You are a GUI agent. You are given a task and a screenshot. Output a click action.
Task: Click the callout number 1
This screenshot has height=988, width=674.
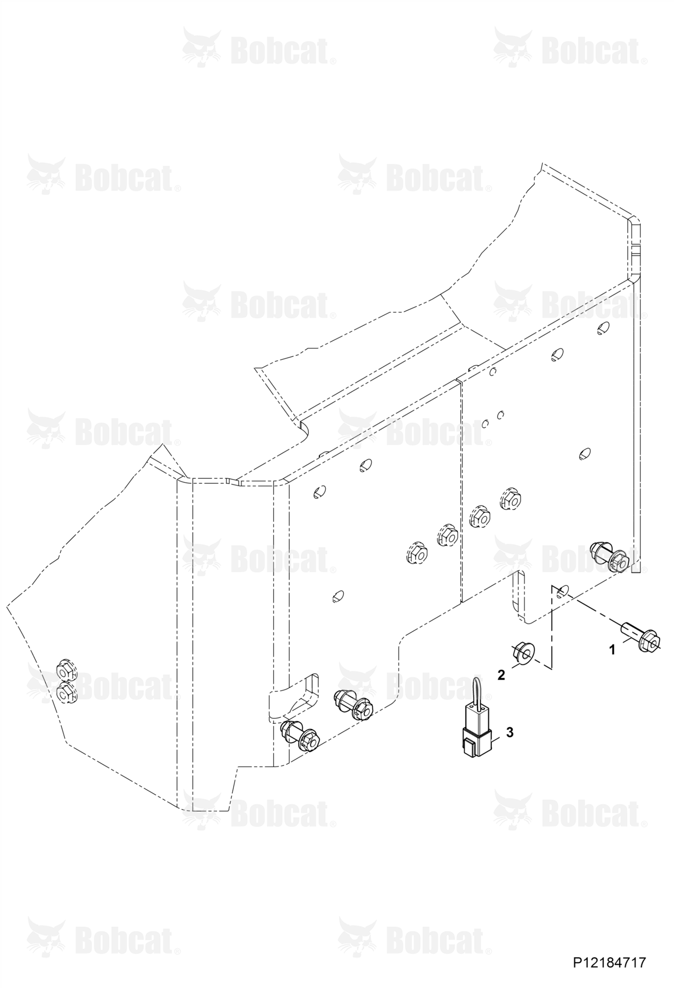612,650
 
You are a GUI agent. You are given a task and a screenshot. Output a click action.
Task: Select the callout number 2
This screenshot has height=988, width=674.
502,675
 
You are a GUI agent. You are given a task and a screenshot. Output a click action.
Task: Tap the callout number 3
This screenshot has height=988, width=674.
510,732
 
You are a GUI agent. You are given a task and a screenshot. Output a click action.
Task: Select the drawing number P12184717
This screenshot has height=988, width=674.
609,963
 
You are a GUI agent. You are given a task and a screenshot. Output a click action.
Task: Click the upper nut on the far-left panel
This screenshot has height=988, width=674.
65,670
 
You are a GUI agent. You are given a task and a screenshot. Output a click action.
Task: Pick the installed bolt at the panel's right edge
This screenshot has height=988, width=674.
611,557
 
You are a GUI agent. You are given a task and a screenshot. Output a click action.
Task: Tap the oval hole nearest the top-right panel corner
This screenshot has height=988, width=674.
602,328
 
